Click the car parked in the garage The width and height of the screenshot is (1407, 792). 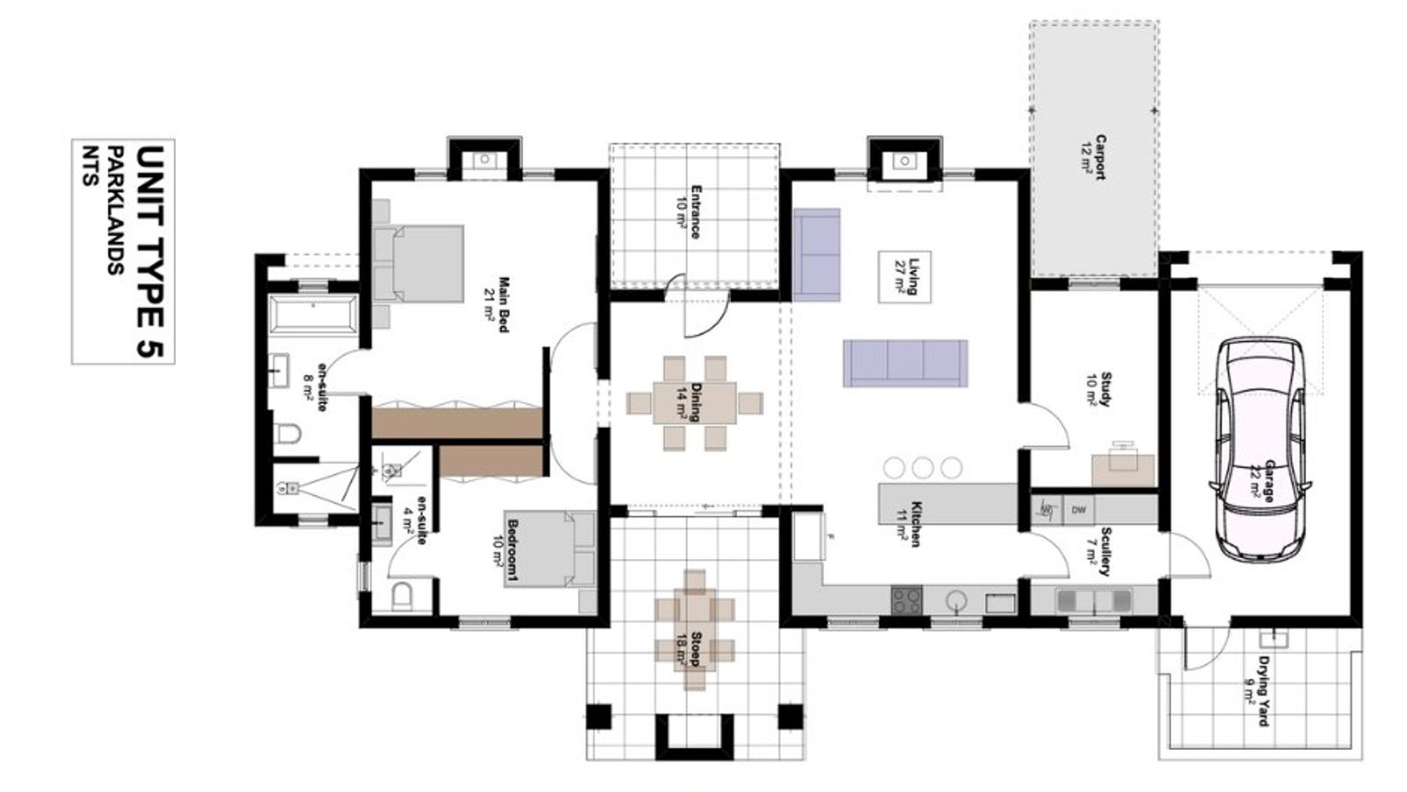(1260, 450)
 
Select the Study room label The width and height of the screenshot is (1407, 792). (1100, 390)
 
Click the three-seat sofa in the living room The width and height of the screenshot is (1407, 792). (905, 363)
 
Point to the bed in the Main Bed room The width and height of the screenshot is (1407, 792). (419, 264)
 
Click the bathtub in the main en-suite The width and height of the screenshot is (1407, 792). (313, 313)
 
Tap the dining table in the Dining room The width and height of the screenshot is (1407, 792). (695, 403)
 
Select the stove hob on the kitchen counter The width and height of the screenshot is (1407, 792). (907, 599)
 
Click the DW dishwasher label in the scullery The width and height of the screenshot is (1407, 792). (1079, 510)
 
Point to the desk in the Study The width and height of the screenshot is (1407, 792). (1123, 470)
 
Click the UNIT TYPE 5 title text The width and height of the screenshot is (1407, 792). (149, 252)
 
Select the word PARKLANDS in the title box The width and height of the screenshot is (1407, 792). (115, 210)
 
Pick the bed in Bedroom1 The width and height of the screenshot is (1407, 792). (550, 549)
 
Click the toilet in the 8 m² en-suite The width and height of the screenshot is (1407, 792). (288, 434)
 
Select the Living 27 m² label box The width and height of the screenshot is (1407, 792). (905, 276)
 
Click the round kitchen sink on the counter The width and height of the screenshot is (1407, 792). (956, 601)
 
